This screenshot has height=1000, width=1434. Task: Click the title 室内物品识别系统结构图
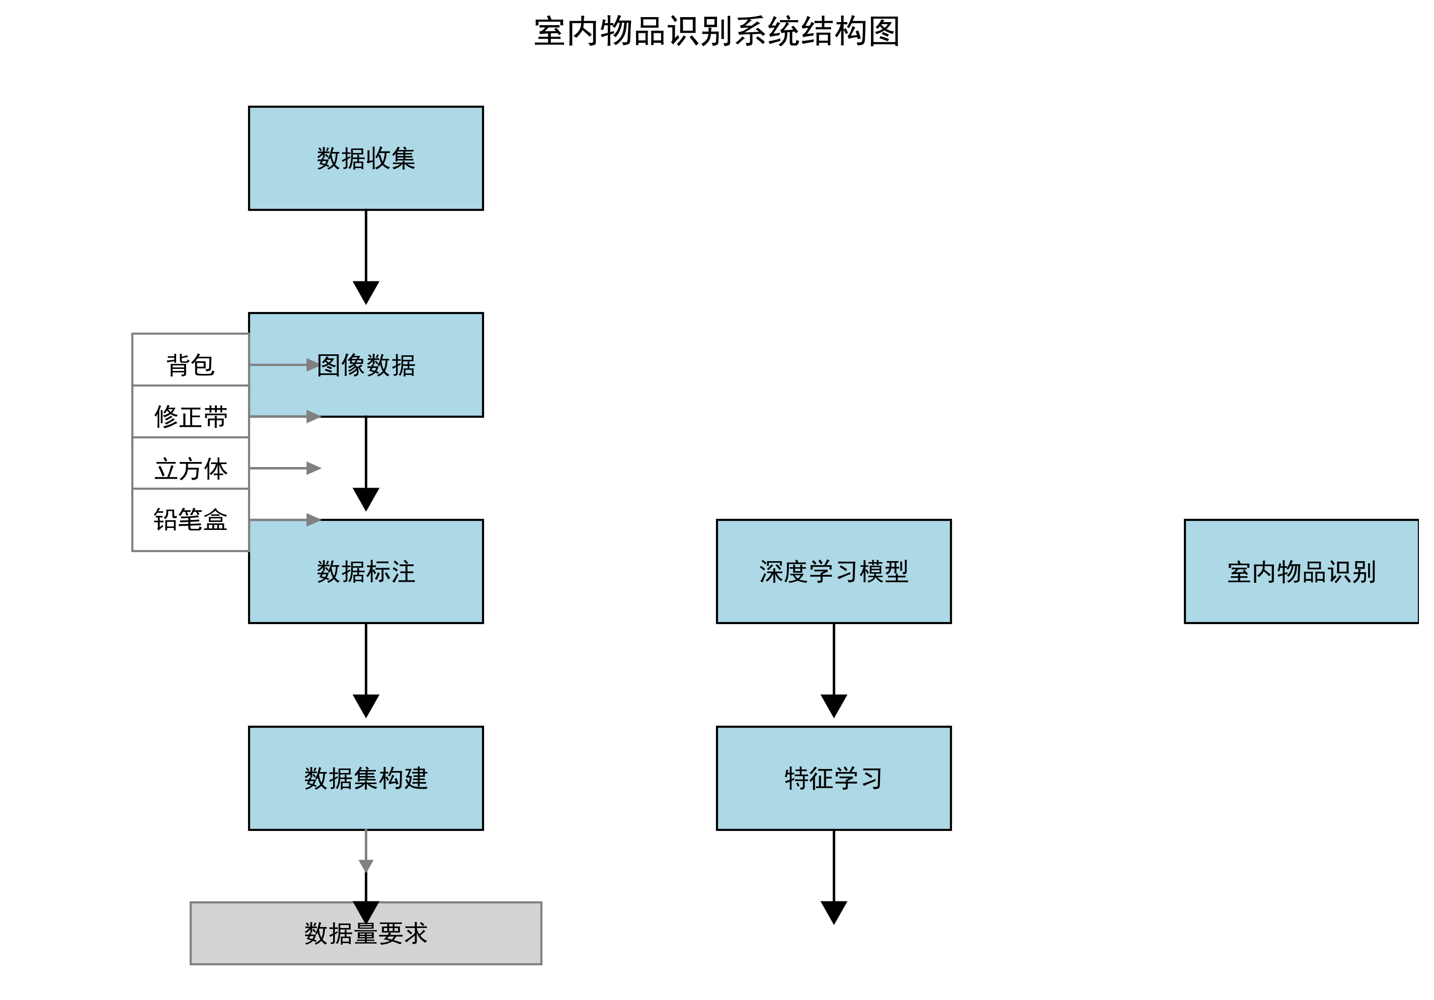[x=716, y=32]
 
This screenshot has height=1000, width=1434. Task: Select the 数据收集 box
[x=365, y=158]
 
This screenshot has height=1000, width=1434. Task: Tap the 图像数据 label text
[x=365, y=365]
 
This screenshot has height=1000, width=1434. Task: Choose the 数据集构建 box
[x=365, y=778]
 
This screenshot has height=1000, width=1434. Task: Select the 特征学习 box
[x=833, y=778]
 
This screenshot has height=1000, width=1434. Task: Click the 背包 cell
[x=191, y=365]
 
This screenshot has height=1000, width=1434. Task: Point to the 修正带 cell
[x=191, y=417]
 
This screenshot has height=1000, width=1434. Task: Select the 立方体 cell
[x=191, y=469]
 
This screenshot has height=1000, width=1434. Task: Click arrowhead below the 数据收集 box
[x=365, y=292]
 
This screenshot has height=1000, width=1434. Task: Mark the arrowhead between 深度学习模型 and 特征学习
[x=833, y=705]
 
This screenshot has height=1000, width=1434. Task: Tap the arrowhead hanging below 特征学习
[x=833, y=911]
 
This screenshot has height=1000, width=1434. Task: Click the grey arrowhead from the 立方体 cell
[x=313, y=469]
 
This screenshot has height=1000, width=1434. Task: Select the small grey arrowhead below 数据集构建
[x=365, y=865]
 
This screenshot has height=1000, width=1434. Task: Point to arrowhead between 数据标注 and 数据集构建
[x=365, y=705]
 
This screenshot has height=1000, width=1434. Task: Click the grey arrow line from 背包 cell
[x=278, y=365]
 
